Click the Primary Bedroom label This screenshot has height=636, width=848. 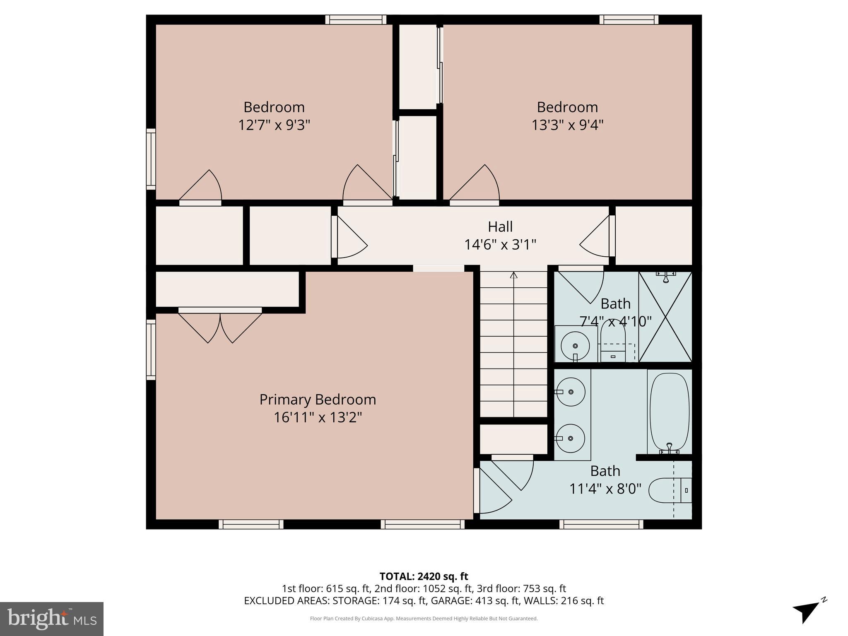coord(318,400)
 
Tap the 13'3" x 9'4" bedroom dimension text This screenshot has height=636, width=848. coord(567,125)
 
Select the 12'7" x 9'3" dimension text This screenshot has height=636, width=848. coord(274,125)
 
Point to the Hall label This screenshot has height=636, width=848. coord(500,226)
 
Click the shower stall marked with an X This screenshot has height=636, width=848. coord(665,317)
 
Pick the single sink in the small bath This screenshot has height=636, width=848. coord(575,345)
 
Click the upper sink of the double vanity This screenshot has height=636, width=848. coord(571,392)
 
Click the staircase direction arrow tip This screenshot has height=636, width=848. coord(514,274)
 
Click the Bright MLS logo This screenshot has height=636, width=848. coord(52,619)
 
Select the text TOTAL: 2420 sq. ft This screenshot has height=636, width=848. coord(424,576)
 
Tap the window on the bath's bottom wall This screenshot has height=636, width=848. coord(601,524)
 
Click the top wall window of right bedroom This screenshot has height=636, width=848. coord(629,19)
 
